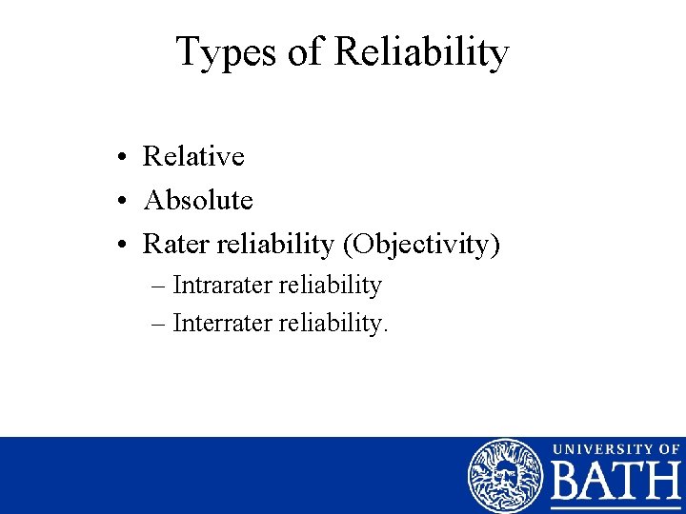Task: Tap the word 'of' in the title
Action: coord(306,52)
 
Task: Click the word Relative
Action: coord(193,156)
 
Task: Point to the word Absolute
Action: coord(197,200)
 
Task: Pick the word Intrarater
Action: coord(223,285)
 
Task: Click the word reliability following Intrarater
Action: coord(331,285)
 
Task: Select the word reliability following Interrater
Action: coord(333,323)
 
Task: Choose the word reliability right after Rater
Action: coord(274,244)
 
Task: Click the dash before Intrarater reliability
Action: coord(159,286)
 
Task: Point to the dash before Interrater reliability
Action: coord(159,324)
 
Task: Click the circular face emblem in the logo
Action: coord(505,476)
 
